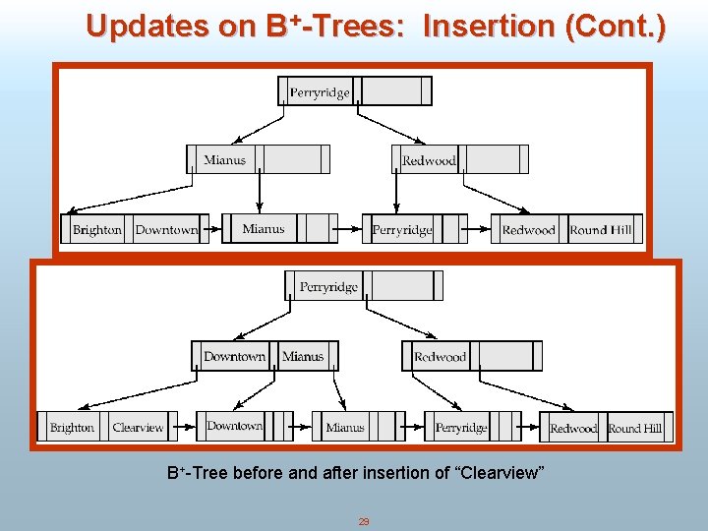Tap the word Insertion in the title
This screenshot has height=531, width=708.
tap(487, 27)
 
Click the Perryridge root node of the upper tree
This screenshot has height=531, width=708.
tap(320, 92)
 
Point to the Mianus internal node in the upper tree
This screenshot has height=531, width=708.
tap(225, 159)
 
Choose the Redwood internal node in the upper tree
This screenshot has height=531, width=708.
tap(429, 160)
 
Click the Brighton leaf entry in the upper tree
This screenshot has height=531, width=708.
tap(96, 230)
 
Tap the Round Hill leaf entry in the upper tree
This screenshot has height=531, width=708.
tap(601, 230)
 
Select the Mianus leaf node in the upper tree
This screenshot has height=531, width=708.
tap(264, 229)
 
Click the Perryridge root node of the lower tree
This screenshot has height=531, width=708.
tap(328, 287)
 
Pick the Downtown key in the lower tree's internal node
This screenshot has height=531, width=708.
tap(234, 356)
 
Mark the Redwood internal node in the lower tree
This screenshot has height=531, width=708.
tap(440, 357)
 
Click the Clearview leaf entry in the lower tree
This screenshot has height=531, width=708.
tap(138, 428)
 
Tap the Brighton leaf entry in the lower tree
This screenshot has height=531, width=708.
tap(72, 428)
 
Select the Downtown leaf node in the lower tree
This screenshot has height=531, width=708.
tap(234, 426)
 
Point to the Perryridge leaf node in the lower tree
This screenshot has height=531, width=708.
tap(461, 428)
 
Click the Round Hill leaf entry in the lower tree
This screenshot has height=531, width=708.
tap(635, 429)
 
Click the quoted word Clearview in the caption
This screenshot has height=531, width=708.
tap(502, 474)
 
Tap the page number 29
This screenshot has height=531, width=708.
tap(363, 522)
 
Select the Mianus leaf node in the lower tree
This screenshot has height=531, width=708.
tap(344, 428)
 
